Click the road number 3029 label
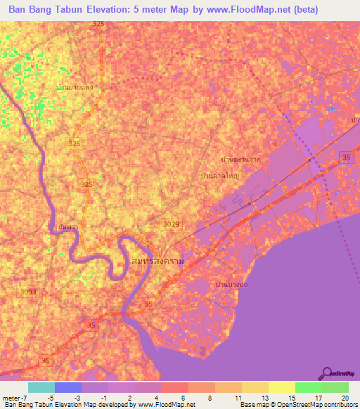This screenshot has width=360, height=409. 171,224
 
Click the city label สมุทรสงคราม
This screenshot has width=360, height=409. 158,261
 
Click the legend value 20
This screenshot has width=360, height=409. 344,398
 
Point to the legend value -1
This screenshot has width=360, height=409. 105,398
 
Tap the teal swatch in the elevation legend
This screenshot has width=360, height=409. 41,387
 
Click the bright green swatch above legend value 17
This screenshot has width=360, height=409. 308,387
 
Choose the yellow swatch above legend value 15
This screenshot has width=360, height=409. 281,387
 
